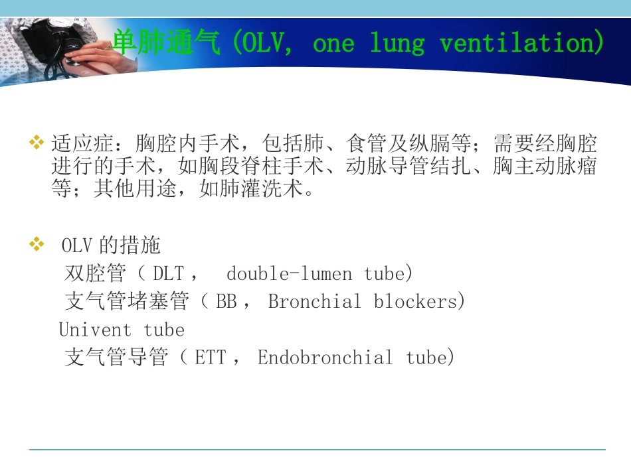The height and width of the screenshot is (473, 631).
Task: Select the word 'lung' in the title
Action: pyautogui.click(x=397, y=44)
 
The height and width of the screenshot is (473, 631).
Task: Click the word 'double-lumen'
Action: pyautogui.click(x=289, y=274)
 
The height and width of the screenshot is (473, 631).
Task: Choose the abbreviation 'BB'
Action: pyautogui.click(x=226, y=302)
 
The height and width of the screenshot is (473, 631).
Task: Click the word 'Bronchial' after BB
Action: pyautogui.click(x=314, y=302)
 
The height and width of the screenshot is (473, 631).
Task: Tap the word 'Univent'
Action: pyautogui.click(x=95, y=330)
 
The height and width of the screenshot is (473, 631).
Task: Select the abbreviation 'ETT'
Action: pyautogui.click(x=210, y=358)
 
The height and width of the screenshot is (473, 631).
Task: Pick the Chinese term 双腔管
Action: pyautogui.click(x=94, y=274)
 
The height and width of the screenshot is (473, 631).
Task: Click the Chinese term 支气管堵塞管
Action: pyautogui.click(x=126, y=302)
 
